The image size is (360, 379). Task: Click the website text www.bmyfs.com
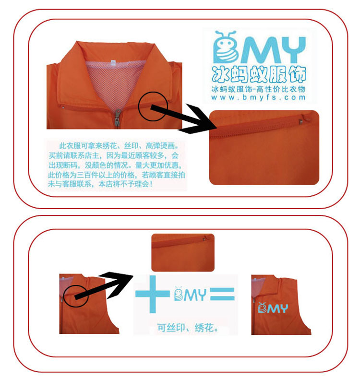[x=258, y=98]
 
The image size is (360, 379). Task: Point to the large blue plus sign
[x=152, y=294]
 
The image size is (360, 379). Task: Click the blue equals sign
[x=222, y=294]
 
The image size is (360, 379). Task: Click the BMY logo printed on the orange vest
[x=273, y=308]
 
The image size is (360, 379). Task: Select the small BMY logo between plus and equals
[x=190, y=294]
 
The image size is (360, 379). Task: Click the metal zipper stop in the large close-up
[x=302, y=120]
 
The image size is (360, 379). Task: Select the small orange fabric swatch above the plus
[x=183, y=252]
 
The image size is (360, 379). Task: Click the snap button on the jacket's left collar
[x=63, y=107]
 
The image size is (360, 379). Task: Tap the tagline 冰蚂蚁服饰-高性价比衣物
[x=258, y=89]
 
